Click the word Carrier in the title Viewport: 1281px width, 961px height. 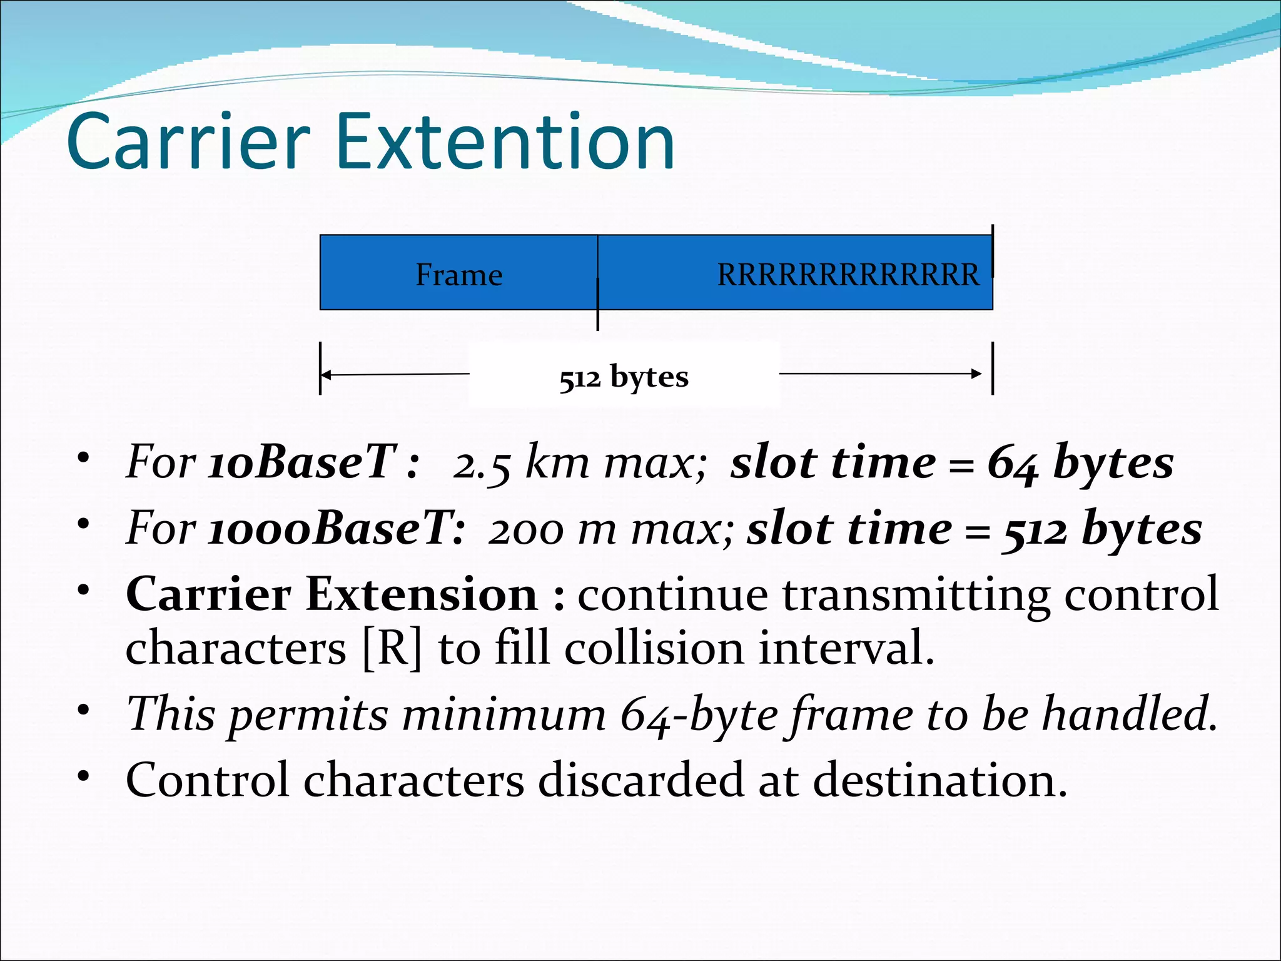(x=188, y=143)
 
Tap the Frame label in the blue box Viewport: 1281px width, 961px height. (x=459, y=275)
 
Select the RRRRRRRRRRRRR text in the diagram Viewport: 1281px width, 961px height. (x=848, y=275)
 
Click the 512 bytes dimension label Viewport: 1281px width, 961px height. (x=624, y=377)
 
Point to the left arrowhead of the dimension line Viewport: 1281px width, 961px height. (x=325, y=375)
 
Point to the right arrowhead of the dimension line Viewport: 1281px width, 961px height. (x=977, y=374)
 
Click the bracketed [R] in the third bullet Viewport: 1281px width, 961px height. (x=393, y=649)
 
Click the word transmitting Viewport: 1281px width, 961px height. (x=916, y=594)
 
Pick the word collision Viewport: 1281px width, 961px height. (x=654, y=649)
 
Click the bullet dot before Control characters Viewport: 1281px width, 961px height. (x=84, y=776)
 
